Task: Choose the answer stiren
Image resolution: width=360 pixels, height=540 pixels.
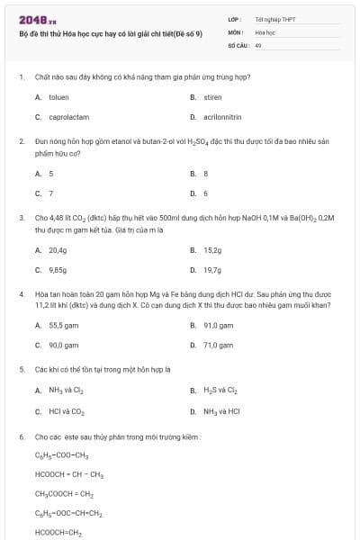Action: coord(212,96)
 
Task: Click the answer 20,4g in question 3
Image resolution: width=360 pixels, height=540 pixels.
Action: coord(58,249)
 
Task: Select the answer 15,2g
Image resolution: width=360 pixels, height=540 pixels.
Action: coord(212,249)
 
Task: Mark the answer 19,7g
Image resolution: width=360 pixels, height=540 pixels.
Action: coord(212,269)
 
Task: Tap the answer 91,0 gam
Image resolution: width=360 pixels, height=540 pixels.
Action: coord(218,325)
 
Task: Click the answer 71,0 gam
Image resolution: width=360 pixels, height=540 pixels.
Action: coord(218,345)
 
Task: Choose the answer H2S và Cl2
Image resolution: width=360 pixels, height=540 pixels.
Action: coord(220,391)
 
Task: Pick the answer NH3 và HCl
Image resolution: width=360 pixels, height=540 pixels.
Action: coord(221,411)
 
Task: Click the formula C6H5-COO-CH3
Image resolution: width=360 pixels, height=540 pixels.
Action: coord(61,456)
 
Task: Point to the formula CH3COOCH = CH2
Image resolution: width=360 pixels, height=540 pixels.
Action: coord(64,494)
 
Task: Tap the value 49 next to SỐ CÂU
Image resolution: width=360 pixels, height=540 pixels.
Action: coord(258,43)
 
